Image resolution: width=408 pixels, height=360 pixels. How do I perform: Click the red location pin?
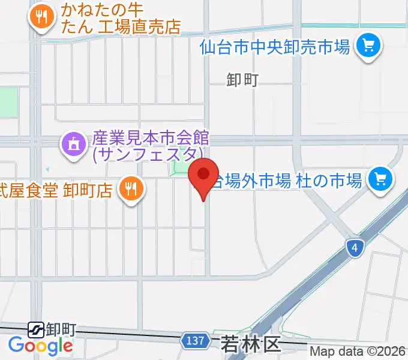point(203,176)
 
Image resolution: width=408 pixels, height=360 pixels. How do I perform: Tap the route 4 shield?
point(355,247)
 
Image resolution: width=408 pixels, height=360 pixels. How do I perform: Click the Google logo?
point(40,346)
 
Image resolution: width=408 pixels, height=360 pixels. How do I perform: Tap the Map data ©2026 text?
point(358,352)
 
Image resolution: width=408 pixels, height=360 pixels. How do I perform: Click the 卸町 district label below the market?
point(242,79)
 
